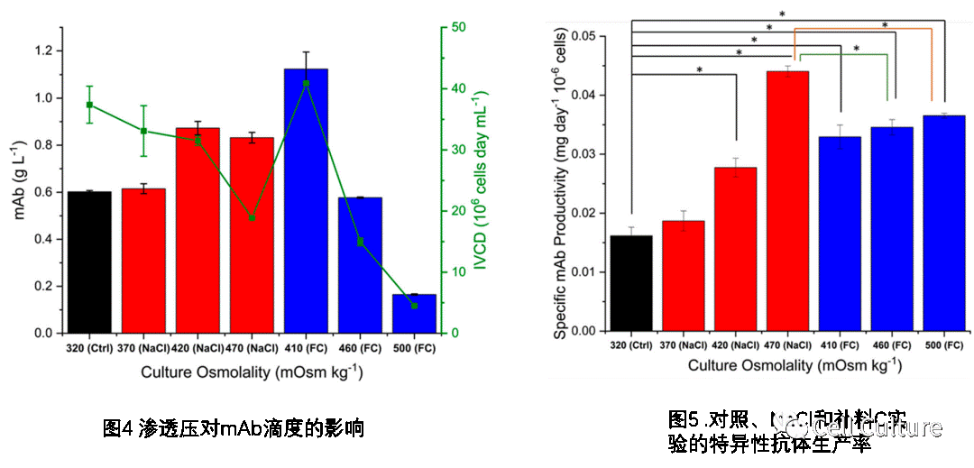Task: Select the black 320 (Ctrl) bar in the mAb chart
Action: pyautogui.click(x=89, y=262)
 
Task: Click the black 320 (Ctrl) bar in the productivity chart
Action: pyautogui.click(x=631, y=283)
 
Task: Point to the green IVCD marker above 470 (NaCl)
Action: pyautogui.click(x=252, y=217)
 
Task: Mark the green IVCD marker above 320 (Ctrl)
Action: pyautogui.click(x=89, y=105)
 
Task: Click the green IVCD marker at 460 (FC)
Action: pyautogui.click(x=360, y=242)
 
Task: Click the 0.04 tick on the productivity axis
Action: pyautogui.click(x=584, y=95)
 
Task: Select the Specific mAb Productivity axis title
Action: pyautogui.click(x=561, y=184)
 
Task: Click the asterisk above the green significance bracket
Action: pyautogui.click(x=856, y=49)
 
